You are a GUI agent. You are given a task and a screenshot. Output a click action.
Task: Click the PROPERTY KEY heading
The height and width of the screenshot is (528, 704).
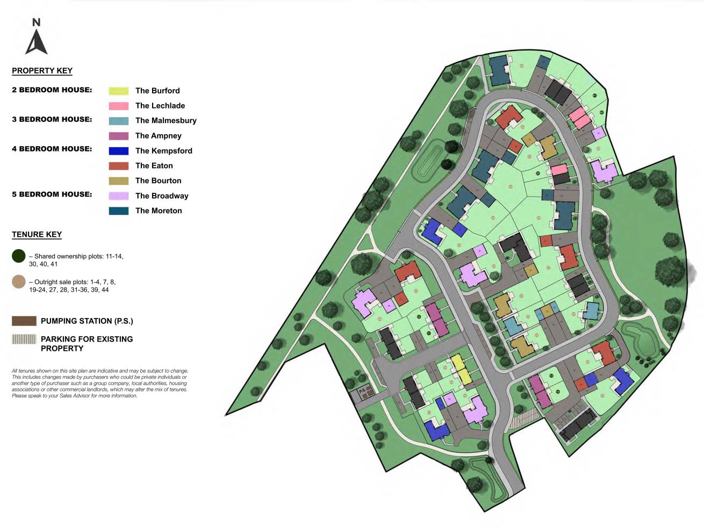pyautogui.click(x=42, y=70)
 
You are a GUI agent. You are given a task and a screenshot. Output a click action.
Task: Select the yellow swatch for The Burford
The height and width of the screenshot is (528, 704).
pyautogui.click(x=118, y=91)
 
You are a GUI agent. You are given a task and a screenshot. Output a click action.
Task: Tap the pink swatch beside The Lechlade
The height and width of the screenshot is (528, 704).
pyautogui.click(x=118, y=106)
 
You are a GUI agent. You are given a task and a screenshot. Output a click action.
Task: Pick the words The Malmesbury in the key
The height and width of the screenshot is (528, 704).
pyautogui.click(x=166, y=121)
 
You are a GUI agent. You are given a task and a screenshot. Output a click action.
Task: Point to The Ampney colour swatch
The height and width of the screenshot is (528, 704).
pyautogui.click(x=118, y=136)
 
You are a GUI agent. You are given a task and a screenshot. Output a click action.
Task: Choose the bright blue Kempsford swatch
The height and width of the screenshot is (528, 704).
pyautogui.click(x=118, y=151)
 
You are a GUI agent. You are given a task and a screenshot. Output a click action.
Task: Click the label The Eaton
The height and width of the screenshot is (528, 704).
pyautogui.click(x=154, y=166)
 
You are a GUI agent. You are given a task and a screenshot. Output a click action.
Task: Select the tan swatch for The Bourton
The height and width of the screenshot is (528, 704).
pyautogui.click(x=118, y=181)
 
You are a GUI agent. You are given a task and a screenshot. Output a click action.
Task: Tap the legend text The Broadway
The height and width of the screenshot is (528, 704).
pyautogui.click(x=162, y=196)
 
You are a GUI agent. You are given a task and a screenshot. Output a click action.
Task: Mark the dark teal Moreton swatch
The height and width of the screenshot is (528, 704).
pyautogui.click(x=118, y=211)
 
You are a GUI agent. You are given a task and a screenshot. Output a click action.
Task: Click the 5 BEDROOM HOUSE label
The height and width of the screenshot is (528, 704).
pyautogui.click(x=52, y=194)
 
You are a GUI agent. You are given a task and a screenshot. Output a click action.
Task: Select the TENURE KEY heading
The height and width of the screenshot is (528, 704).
pyautogui.click(x=37, y=234)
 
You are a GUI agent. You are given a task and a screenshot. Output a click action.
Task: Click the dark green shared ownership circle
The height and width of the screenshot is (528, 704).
pyautogui.click(x=18, y=256)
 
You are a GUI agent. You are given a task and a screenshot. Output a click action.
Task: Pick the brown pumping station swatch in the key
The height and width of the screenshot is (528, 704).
pyautogui.click(x=24, y=321)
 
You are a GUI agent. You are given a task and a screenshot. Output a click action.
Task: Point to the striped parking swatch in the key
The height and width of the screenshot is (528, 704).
pyautogui.click(x=24, y=339)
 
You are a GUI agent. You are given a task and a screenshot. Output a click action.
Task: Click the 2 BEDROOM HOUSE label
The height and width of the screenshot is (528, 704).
pyautogui.click(x=52, y=90)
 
